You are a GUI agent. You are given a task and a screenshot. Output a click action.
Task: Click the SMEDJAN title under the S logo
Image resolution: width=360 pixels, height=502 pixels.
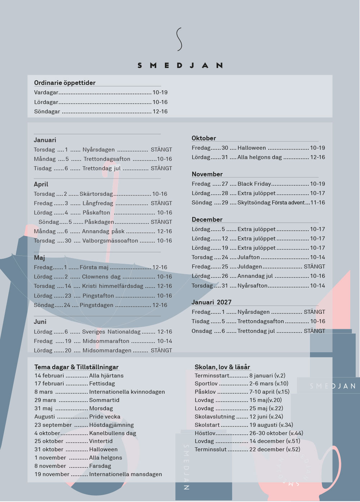click(x=180, y=65)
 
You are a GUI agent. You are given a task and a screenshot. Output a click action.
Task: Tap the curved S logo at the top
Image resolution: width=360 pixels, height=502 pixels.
click(x=179, y=39)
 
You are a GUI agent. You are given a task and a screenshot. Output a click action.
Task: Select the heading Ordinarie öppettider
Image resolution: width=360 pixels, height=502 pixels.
click(x=65, y=82)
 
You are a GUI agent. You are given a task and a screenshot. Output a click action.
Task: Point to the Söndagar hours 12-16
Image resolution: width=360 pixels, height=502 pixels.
click(x=160, y=112)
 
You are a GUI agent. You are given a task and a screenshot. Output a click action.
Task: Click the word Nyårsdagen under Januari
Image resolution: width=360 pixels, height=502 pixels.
click(x=99, y=150)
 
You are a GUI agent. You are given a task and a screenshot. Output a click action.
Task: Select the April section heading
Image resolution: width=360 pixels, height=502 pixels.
click(x=41, y=184)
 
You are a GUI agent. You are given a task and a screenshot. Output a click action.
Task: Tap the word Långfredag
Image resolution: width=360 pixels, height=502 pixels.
click(x=98, y=203)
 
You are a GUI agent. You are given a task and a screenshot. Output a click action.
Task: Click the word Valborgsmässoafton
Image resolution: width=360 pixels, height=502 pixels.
click(x=110, y=241)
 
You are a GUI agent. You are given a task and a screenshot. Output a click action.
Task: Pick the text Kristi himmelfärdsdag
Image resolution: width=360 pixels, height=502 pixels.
click(x=113, y=286)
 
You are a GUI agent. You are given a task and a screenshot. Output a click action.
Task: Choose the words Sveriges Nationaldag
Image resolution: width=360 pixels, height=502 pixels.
click(x=111, y=332)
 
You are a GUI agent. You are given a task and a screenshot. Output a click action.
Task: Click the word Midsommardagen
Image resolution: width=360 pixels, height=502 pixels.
click(x=107, y=351)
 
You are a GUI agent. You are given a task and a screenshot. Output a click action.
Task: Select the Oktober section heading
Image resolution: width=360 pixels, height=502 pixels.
click(x=204, y=138)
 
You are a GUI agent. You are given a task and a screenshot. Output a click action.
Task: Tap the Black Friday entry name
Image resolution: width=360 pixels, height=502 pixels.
click(x=254, y=184)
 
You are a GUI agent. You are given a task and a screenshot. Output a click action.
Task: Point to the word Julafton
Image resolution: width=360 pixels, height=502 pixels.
click(x=248, y=257)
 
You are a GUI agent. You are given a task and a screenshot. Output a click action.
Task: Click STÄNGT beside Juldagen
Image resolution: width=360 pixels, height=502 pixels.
click(x=314, y=267)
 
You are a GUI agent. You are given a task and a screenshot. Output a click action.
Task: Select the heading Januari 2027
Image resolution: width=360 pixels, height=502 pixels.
click(x=212, y=302)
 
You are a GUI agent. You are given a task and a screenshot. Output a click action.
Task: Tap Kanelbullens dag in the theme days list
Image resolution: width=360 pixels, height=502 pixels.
click(x=113, y=433)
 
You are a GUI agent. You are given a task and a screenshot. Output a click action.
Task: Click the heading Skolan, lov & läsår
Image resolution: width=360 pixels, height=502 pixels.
click(x=222, y=367)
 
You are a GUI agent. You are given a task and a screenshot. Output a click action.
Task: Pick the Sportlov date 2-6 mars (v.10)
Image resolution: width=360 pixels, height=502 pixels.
click(x=269, y=384)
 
